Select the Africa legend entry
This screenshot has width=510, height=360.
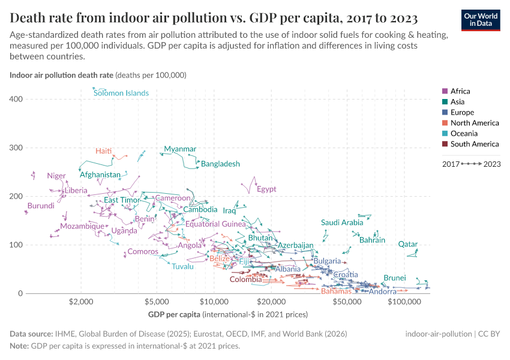click(x=460, y=91)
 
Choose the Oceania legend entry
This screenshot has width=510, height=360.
click(x=463, y=133)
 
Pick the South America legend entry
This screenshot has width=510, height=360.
click(x=474, y=144)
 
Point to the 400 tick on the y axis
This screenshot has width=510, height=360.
click(x=16, y=99)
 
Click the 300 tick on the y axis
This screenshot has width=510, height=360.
click(x=16, y=148)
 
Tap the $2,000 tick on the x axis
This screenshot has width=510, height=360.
click(x=80, y=302)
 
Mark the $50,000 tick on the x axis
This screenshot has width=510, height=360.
click(x=347, y=302)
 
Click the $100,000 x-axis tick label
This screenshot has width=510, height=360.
click(x=404, y=302)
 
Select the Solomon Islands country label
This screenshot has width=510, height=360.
click(x=121, y=93)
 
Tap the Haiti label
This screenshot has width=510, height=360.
click(x=103, y=151)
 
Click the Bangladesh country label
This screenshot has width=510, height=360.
click(x=220, y=164)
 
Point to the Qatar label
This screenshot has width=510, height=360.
click(x=407, y=244)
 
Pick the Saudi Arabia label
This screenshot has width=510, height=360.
click(x=342, y=223)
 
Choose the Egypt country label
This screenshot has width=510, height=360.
click(x=266, y=189)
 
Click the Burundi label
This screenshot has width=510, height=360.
click(x=41, y=206)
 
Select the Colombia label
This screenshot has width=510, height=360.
click(x=245, y=279)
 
